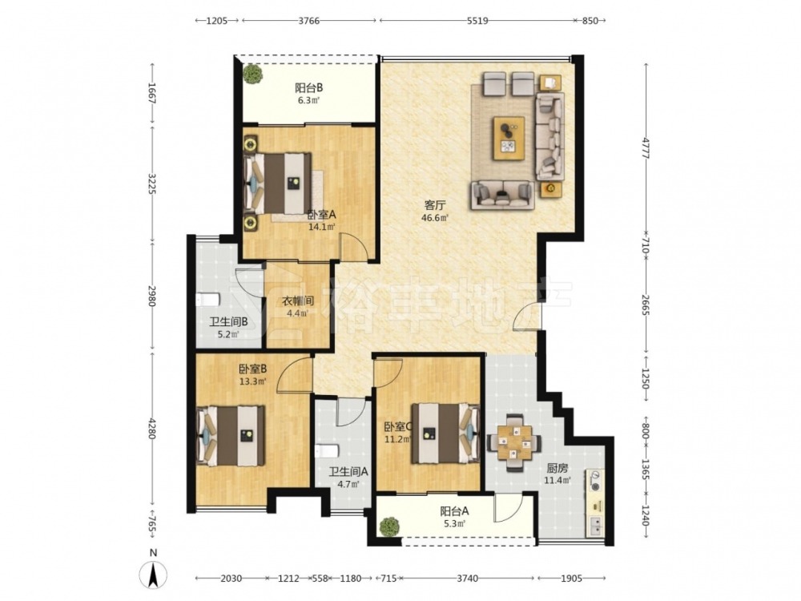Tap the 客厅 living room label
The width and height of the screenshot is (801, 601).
tap(435, 205)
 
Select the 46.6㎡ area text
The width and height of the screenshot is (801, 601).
tap(435, 218)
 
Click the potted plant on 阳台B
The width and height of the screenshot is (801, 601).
tap(253, 74)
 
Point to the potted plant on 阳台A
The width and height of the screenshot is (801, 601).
tap(390, 526)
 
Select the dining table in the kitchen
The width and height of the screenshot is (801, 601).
tap(514, 442)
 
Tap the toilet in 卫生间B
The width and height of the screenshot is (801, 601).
tap(207, 299)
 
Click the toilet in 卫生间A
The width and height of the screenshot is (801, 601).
tap(328, 451)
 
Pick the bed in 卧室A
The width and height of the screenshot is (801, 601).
tap(278, 184)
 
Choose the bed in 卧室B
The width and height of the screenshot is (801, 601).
tap(231, 435)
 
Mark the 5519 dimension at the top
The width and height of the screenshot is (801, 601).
tap(477, 21)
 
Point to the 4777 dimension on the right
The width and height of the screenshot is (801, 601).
tap(646, 148)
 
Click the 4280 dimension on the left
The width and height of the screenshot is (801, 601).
tap(151, 427)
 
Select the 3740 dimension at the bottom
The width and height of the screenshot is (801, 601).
tap(468, 579)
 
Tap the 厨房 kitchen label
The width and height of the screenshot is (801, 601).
tap(557, 468)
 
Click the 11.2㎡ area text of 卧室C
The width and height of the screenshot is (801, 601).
tap(398, 439)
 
